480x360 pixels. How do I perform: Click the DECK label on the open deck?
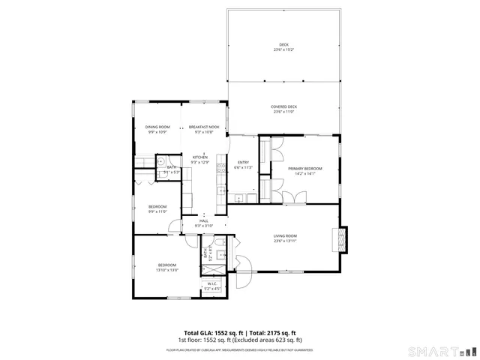pyautogui.click(x=283, y=45)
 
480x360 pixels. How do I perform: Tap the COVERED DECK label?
pyautogui.click(x=283, y=106)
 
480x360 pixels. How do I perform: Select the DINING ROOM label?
pyautogui.click(x=157, y=127)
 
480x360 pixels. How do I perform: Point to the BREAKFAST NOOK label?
pyautogui.click(x=204, y=127)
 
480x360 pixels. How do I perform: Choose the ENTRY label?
pyautogui.click(x=243, y=163)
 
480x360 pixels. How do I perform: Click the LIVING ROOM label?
pyautogui.click(x=285, y=236)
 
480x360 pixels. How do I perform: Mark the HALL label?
pyautogui.click(x=204, y=220)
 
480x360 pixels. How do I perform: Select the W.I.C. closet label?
pyautogui.click(x=212, y=283)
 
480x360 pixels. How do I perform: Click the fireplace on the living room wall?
pyautogui.click(x=343, y=238)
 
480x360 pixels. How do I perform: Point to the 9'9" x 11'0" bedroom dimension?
pyautogui.click(x=157, y=211)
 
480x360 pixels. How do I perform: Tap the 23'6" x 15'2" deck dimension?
pyautogui.click(x=283, y=50)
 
